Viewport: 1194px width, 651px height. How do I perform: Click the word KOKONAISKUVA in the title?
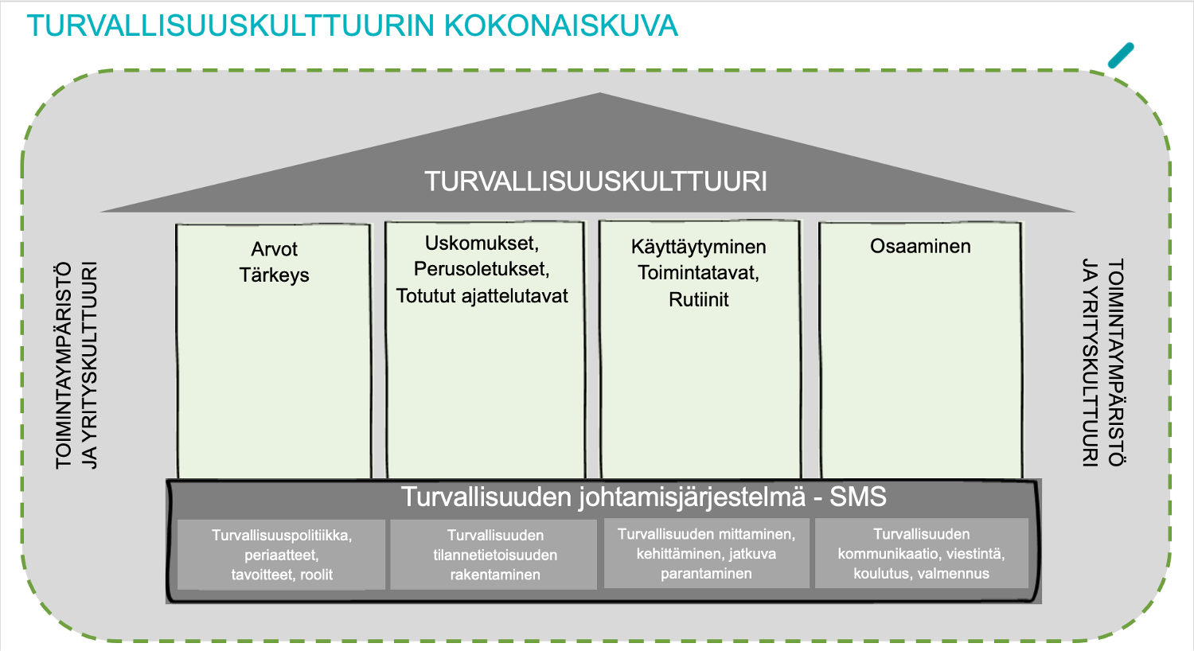point(560,25)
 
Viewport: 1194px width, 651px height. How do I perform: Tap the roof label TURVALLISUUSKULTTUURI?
point(596,181)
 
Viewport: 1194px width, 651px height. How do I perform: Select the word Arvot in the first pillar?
point(274,249)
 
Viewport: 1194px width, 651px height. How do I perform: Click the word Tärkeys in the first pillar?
point(274,275)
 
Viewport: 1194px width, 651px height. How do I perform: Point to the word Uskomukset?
point(482,244)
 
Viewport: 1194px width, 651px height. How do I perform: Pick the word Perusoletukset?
point(482,269)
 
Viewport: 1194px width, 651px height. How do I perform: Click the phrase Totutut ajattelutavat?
point(482,296)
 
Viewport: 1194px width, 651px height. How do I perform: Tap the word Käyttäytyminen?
point(699,248)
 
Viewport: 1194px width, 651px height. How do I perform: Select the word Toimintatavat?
point(699,273)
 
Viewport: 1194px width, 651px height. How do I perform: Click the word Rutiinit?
point(699,299)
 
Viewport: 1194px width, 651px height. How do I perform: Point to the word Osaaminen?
point(920,246)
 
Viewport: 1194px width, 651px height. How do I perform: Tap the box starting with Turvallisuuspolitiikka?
point(282,555)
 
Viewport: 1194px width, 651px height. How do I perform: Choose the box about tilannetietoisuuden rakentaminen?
point(494,555)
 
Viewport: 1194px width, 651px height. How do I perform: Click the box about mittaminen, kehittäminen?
point(706,554)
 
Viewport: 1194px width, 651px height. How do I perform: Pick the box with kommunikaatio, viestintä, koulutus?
point(921,554)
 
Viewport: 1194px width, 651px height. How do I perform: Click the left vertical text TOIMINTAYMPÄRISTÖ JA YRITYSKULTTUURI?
point(76,365)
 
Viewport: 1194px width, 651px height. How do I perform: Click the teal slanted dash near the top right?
point(1121,56)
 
